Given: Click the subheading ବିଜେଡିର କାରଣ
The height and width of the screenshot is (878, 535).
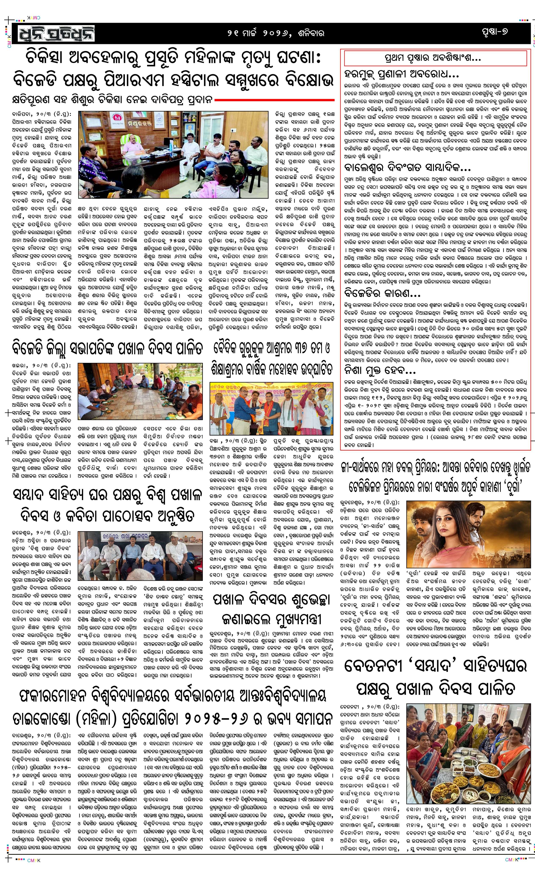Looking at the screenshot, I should click(382, 293).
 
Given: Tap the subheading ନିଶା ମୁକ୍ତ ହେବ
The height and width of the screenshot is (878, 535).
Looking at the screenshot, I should click(380, 369).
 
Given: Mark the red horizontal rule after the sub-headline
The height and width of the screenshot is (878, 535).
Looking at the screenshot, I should click(274, 100).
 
